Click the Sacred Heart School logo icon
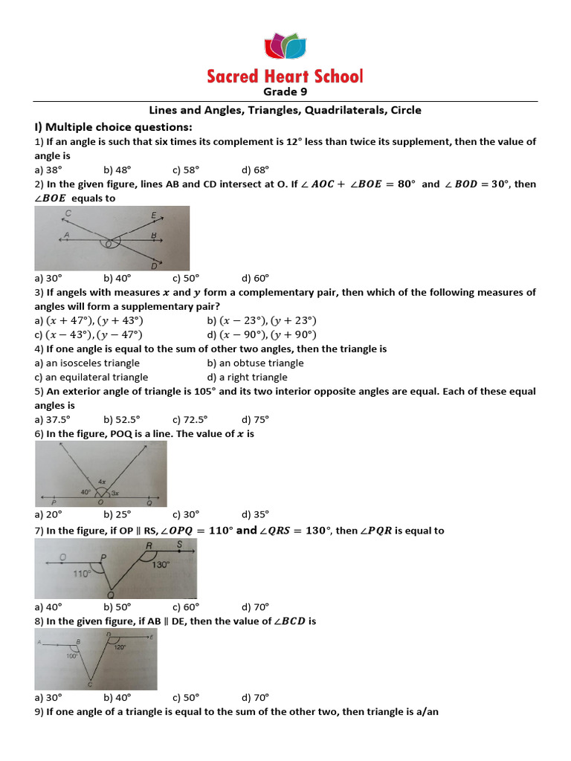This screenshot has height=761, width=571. (285, 46)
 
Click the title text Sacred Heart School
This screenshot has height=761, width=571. (285, 76)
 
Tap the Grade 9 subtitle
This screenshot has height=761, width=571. (285, 92)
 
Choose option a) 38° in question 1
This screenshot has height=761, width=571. (48, 169)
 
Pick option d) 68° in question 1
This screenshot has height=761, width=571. (255, 169)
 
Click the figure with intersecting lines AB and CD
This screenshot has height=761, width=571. (112, 238)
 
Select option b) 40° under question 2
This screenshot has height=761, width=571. (117, 278)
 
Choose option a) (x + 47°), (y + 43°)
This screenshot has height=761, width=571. (88, 320)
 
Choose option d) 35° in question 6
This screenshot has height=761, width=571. (255, 514)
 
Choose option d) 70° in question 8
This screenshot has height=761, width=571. (255, 697)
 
